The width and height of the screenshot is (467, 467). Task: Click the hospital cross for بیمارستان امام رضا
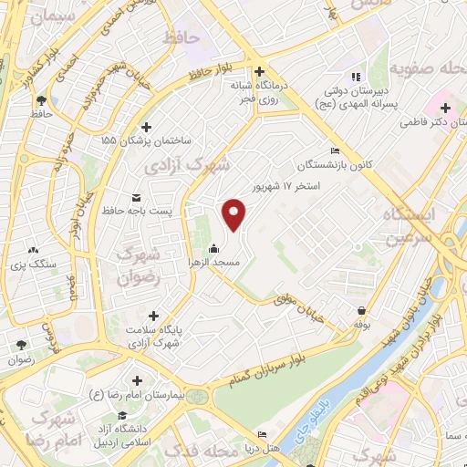(137, 380)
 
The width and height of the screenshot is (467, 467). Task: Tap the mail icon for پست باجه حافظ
(137, 198)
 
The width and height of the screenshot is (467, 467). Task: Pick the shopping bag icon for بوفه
(363, 310)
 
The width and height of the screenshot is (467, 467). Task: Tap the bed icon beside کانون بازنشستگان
(336, 151)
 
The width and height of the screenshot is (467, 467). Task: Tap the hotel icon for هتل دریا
(263, 434)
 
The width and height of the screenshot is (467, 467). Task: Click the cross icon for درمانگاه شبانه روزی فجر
(259, 71)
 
